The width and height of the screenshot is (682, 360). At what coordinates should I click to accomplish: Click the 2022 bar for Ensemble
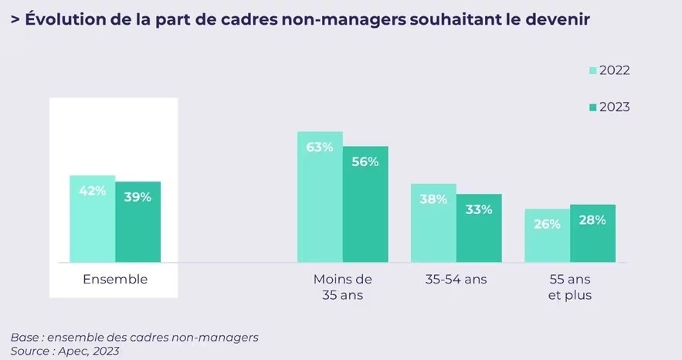92,219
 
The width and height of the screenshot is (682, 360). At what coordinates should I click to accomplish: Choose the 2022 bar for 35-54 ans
433,223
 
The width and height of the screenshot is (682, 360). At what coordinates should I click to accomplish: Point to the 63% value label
320,147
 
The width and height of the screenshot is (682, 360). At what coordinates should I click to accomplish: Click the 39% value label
138,197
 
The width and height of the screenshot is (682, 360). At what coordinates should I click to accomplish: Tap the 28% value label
592,220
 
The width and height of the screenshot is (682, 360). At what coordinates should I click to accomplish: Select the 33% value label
479,209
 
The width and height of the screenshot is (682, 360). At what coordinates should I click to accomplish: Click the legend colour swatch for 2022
593,70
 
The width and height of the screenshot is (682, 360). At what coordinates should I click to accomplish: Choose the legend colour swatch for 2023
593,107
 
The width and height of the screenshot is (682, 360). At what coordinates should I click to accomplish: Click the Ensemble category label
115,279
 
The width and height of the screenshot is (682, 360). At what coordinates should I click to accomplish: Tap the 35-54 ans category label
456,279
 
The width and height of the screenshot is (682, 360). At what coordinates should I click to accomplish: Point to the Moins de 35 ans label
342,287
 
